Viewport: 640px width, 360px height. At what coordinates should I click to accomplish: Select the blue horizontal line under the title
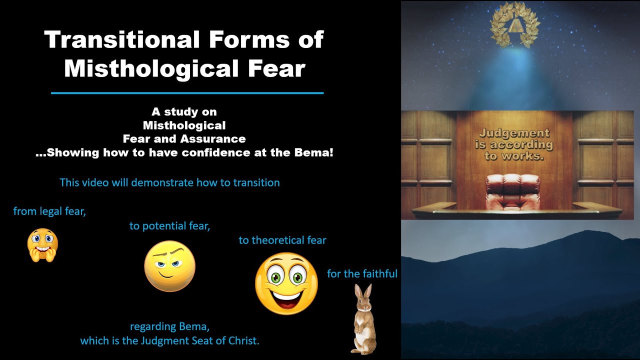click(x=187, y=93)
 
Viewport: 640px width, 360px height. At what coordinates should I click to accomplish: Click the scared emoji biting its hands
click(x=42, y=245)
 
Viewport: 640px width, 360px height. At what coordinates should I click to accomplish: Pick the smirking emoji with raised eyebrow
click(x=169, y=266)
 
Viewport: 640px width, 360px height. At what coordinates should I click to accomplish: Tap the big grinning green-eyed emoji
click(x=286, y=283)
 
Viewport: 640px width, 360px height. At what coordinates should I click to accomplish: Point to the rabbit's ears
click(x=363, y=292)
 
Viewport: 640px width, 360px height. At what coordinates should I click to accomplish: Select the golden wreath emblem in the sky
click(x=514, y=27)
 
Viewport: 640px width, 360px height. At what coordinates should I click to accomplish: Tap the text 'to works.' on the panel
click(x=514, y=155)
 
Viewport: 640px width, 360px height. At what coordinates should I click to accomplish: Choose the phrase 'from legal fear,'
click(x=49, y=211)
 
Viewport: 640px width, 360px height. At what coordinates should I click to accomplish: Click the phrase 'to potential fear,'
click(x=169, y=226)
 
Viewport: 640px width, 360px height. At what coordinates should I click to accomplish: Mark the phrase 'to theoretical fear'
click(x=282, y=240)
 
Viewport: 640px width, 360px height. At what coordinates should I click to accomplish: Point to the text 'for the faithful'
click(x=362, y=274)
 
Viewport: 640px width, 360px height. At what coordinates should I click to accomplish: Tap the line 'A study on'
click(x=184, y=111)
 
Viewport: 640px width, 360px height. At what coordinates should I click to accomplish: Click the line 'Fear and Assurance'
click(x=184, y=139)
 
